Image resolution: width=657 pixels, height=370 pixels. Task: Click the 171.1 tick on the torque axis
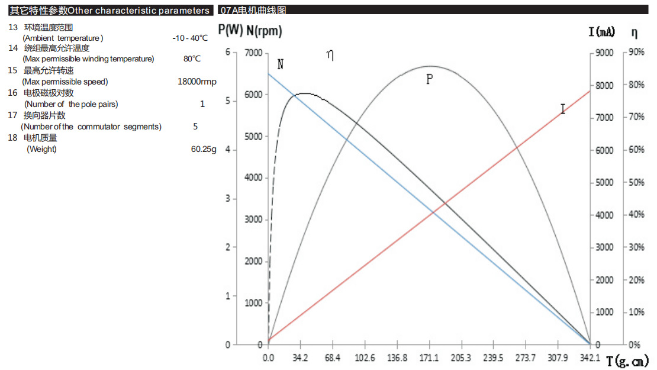click(x=429, y=358)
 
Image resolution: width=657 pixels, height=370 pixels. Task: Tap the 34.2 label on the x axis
click(x=300, y=358)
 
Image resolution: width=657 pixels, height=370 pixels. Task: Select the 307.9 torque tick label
click(x=558, y=358)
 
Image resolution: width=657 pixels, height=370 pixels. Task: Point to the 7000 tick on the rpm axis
click(x=253, y=53)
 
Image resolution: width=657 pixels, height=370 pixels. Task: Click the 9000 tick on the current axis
click(x=606, y=53)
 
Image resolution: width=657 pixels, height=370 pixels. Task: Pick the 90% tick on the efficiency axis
click(x=636, y=53)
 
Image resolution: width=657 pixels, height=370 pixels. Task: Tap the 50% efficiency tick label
click(x=636, y=182)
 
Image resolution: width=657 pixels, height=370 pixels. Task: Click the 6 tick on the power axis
click(x=228, y=53)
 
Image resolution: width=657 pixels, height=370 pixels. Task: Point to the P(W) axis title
click(x=230, y=30)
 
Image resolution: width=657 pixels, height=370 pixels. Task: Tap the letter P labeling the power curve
click(x=430, y=79)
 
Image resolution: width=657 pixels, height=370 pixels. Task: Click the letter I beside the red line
click(x=562, y=109)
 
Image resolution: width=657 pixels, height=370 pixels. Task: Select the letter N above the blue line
click(x=281, y=64)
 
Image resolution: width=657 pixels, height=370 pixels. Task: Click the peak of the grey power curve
click(x=430, y=66)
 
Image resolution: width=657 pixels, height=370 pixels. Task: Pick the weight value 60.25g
click(x=204, y=149)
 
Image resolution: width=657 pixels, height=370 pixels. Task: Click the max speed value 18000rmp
click(x=197, y=82)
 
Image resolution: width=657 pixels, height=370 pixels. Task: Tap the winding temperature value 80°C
click(x=192, y=59)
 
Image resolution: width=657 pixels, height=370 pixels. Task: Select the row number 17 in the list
click(x=12, y=115)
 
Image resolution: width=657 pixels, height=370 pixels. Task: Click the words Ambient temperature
click(x=63, y=38)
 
